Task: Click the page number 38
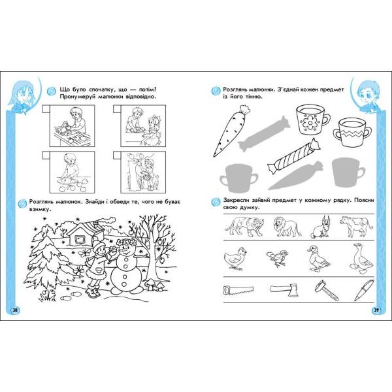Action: pyautogui.click(x=15, y=310)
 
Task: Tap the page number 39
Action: pyautogui.click(x=376, y=310)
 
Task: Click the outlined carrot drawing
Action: pyautogui.click(x=232, y=131)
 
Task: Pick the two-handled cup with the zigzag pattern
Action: pyautogui.click(x=351, y=133)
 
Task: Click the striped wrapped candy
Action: pyautogui.click(x=294, y=155)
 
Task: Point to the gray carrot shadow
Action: pyautogui.click(x=295, y=176)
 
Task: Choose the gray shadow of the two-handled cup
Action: pyautogui.click(x=238, y=178)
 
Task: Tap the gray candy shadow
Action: pyautogui.click(x=263, y=134)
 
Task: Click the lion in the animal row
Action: pyautogui.click(x=287, y=227)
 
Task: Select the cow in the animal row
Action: pyautogui.click(x=356, y=226)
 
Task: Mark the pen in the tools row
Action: pyautogui.click(x=364, y=290)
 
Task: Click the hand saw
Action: pyautogui.click(x=238, y=290)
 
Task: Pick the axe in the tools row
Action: pyautogui.click(x=284, y=289)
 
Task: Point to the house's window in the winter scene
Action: pyautogui.click(x=80, y=240)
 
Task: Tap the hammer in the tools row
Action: pyautogui.click(x=326, y=290)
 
